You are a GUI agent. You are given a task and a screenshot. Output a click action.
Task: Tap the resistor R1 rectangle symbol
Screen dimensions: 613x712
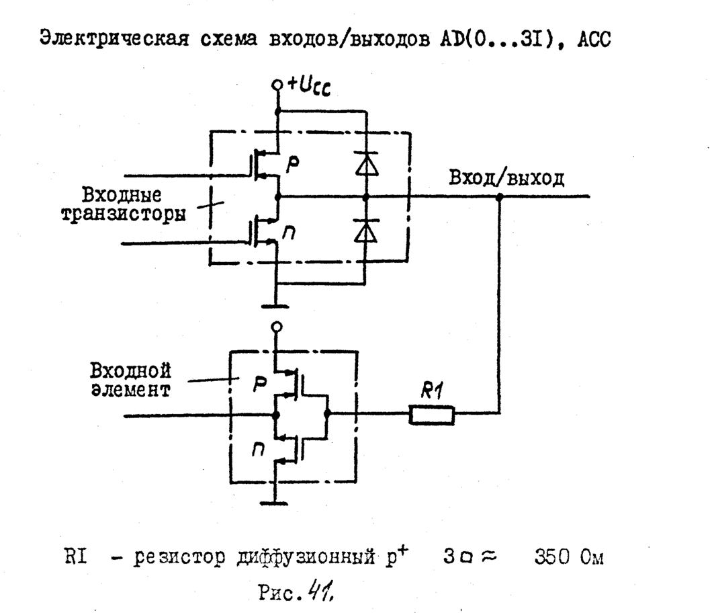432,416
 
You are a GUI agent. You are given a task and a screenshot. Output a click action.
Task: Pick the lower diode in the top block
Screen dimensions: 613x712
365,231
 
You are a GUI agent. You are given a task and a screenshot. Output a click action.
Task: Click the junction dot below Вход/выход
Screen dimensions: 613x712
499,198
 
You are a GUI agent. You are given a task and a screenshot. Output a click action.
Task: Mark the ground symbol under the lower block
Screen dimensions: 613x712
276,501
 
